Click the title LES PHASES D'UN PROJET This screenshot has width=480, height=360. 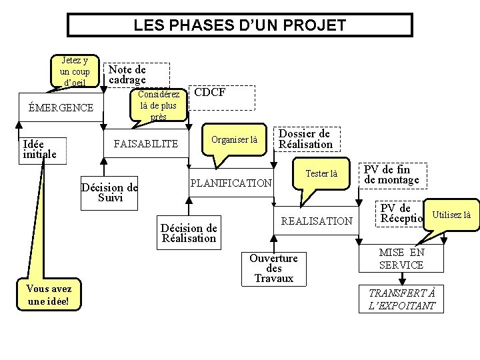pos(240,25)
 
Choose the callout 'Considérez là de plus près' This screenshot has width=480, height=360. pos(159,105)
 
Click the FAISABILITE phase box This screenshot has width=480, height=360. pos(146,143)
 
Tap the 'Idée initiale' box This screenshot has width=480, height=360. pos(39,149)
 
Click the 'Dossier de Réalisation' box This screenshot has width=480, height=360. pos(305,139)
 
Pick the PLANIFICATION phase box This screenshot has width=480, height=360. pos(231,183)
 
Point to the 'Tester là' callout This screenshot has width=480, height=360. pos(321,174)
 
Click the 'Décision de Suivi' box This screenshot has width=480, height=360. pos(109,192)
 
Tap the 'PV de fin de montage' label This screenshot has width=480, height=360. pos(392,175)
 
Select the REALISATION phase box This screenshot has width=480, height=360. pos(316,221)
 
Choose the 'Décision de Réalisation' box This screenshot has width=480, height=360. pos(189,233)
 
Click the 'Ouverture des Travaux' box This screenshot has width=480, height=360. pos(273,268)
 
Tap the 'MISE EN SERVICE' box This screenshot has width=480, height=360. pos(401,259)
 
